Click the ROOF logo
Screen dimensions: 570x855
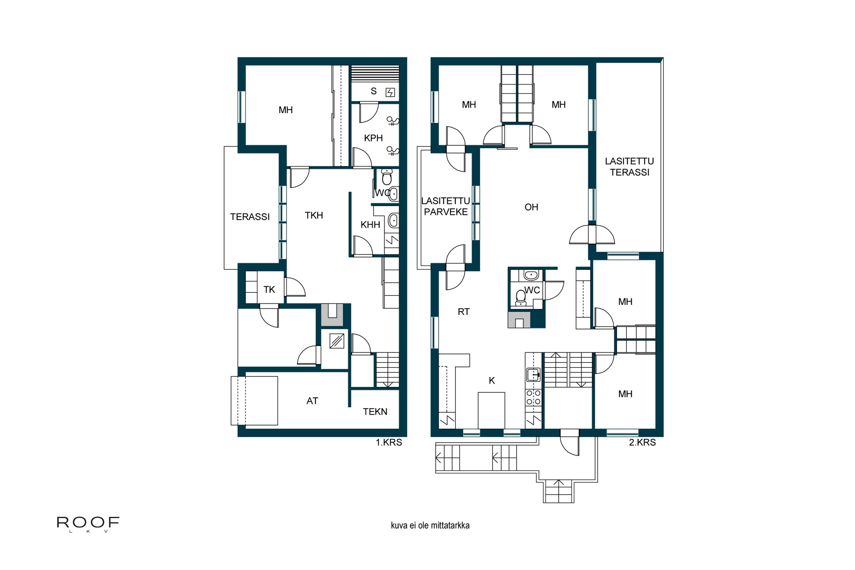pyautogui.click(x=88, y=524)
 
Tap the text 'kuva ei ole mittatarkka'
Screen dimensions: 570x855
pyautogui.click(x=430, y=525)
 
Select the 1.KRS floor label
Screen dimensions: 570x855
pyautogui.click(x=389, y=442)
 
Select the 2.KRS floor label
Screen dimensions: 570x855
pyautogui.click(x=642, y=442)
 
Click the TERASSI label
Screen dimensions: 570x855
pyautogui.click(x=250, y=217)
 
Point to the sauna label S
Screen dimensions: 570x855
pyautogui.click(x=373, y=91)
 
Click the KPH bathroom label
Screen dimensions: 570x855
pyautogui.click(x=373, y=138)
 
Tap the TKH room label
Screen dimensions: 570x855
pyautogui.click(x=314, y=215)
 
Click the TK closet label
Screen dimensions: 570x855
pyautogui.click(x=269, y=290)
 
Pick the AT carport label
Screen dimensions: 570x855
pyautogui.click(x=312, y=401)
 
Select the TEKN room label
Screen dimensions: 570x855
pyautogui.click(x=375, y=412)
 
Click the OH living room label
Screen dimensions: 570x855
pyautogui.click(x=531, y=207)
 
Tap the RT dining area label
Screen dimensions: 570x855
pyautogui.click(x=463, y=312)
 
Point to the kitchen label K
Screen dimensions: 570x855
pyautogui.click(x=491, y=380)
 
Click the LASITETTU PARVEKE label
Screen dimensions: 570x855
pyautogui.click(x=446, y=206)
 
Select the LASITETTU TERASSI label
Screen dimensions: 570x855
pyautogui.click(x=629, y=167)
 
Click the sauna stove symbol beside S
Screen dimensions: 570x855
pyautogui.click(x=390, y=92)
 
